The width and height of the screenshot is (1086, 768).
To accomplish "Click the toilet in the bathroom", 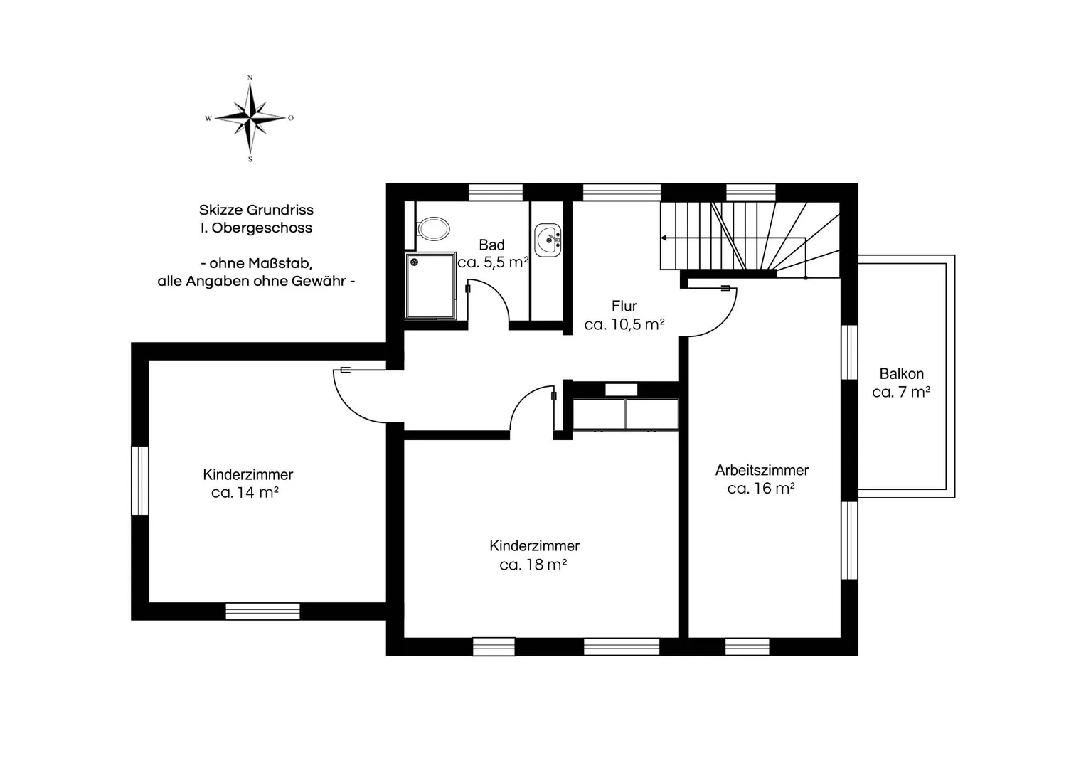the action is (x=433, y=228).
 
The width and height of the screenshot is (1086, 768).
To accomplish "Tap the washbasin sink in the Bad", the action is (x=548, y=240).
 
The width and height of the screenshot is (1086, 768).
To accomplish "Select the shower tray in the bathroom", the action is (x=430, y=286).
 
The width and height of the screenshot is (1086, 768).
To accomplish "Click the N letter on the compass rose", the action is (x=250, y=78).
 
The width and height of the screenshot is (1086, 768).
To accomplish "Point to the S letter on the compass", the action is (x=250, y=159).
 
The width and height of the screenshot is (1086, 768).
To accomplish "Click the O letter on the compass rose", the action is (x=291, y=118).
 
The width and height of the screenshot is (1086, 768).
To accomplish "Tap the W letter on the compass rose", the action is (x=208, y=118).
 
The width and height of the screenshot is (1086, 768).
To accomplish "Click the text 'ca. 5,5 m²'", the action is (x=493, y=262).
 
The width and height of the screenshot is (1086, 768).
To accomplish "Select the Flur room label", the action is (x=624, y=306).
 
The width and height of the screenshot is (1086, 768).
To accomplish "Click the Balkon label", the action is (x=902, y=374).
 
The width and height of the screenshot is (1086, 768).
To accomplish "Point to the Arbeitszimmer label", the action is (x=762, y=470).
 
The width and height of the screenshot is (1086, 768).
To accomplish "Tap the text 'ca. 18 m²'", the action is (x=533, y=565).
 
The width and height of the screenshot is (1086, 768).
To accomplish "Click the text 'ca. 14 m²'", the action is (x=245, y=493).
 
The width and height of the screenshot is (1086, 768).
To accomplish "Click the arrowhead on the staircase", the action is (x=664, y=238).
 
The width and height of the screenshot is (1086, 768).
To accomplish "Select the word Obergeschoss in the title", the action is (x=262, y=228).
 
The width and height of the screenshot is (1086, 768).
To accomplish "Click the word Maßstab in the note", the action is (x=280, y=263).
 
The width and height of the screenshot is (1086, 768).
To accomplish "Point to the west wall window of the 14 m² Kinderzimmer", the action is (x=140, y=481).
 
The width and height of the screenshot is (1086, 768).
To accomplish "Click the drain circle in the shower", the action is (x=414, y=262).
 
